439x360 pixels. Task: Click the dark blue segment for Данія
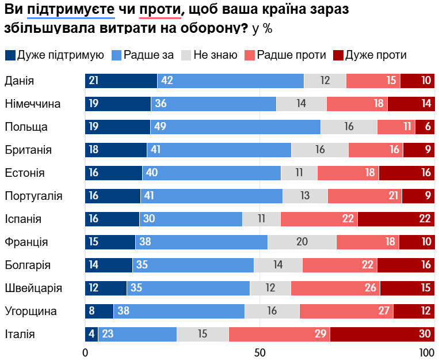point(121,81)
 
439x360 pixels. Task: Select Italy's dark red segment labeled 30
point(382,334)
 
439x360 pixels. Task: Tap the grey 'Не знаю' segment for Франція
point(302,242)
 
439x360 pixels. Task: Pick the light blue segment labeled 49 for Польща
point(235,127)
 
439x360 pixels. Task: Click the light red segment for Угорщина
point(346,311)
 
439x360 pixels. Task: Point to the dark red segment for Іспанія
point(396,219)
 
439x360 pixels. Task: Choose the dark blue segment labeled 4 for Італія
point(91,334)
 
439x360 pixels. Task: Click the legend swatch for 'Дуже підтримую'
point(10,55)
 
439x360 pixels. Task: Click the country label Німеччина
point(33,104)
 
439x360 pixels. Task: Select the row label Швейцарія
point(33,288)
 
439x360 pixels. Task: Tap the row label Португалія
point(33,196)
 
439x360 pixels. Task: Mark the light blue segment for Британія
point(219,150)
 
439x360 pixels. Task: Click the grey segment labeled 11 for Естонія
point(299,173)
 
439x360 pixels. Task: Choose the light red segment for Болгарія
point(339,265)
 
